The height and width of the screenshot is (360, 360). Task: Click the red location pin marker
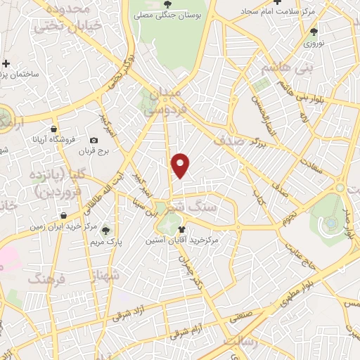(181, 165)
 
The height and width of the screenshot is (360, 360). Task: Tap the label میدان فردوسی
(162, 101)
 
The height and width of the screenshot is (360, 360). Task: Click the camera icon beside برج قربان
(94, 141)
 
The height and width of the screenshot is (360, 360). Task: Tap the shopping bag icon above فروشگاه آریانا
(54, 129)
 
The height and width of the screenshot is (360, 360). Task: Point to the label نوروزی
(313, 43)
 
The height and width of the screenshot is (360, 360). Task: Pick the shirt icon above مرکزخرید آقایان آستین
(182, 229)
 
